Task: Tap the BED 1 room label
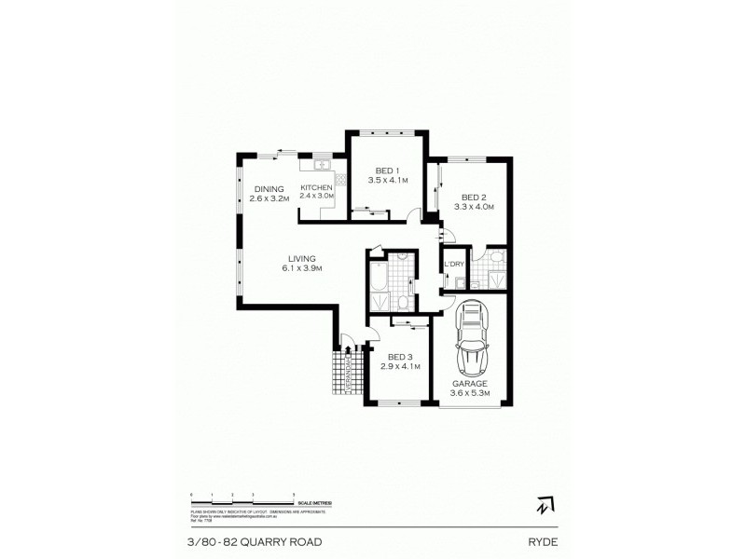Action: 387,170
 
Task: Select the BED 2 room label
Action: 472,197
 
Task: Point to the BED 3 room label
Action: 401,357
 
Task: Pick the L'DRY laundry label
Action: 454,265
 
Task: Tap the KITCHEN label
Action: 316,187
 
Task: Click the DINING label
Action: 269,187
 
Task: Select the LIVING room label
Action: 301,258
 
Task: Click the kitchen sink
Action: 324,165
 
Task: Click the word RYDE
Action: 542,538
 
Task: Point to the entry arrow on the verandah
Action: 348,351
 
